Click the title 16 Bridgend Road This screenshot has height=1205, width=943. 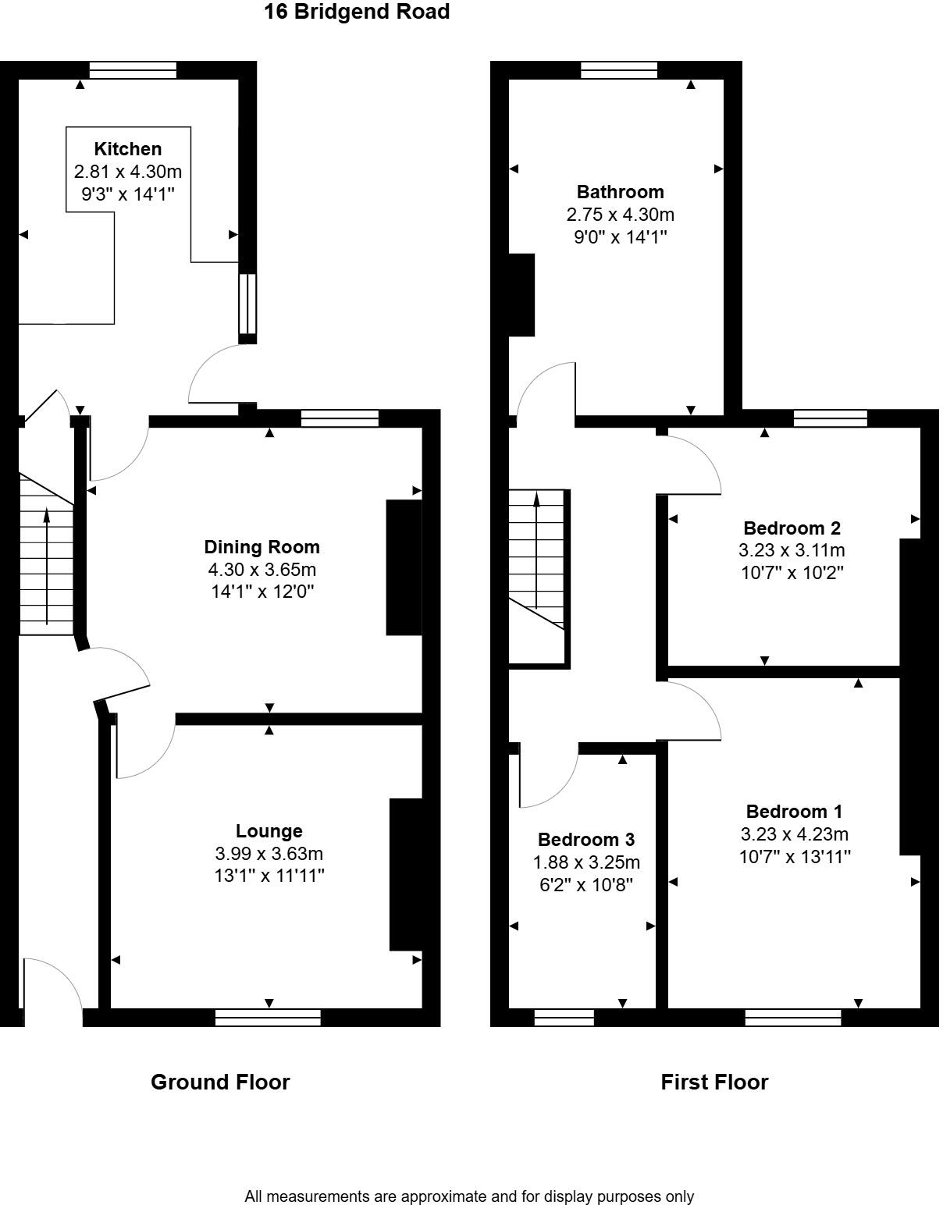[357, 12]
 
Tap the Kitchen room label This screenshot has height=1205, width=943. [127, 149]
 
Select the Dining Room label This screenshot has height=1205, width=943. [262, 547]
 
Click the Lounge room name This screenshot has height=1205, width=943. [269, 831]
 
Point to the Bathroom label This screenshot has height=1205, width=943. [620, 192]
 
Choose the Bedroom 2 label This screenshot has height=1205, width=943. [792, 528]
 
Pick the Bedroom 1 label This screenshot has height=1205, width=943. [794, 812]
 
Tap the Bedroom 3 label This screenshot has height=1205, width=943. [585, 840]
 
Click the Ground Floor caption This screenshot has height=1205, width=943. [220, 1082]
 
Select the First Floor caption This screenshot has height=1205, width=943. [714, 1082]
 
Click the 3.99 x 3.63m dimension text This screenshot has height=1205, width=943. [269, 854]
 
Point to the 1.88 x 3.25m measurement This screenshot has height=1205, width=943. [585, 862]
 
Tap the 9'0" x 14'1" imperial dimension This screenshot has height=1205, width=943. [620, 237]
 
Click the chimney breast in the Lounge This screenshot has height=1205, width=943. [405, 874]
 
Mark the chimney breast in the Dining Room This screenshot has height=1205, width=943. [404, 567]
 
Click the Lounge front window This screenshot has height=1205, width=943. [268, 1017]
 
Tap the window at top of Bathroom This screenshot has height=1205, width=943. [619, 70]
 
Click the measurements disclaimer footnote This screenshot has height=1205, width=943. [469, 1196]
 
